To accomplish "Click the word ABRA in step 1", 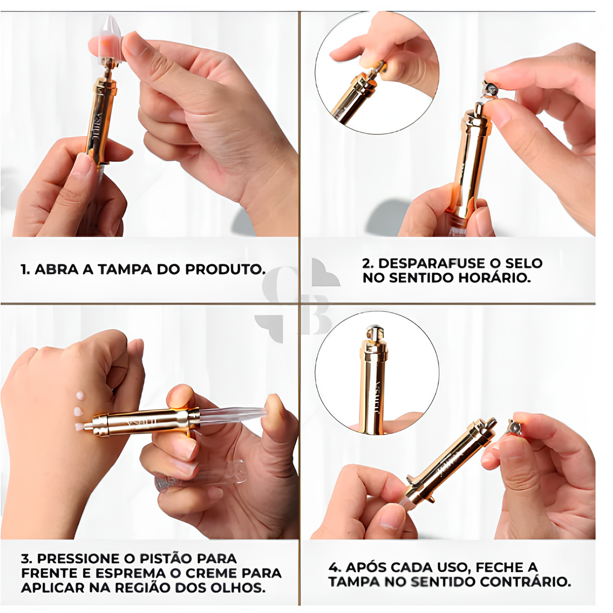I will (57, 269).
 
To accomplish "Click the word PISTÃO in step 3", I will (167, 558).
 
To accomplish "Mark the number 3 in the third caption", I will (26, 558).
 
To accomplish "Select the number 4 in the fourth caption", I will (334, 567).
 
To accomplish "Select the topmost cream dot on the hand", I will (80, 395).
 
